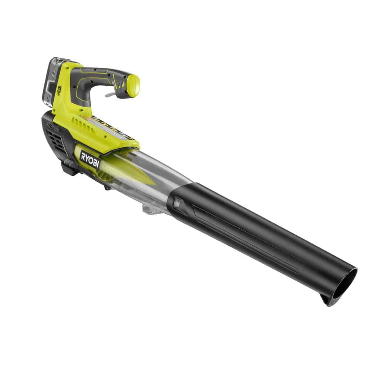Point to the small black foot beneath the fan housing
point(107,187)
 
